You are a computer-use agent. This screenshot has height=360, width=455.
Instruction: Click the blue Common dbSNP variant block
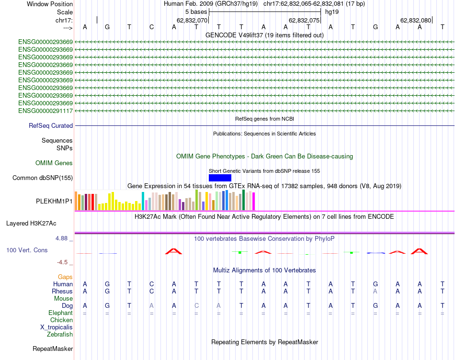[x=220, y=178]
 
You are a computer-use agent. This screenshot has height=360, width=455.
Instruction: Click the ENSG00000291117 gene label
[x=45, y=111]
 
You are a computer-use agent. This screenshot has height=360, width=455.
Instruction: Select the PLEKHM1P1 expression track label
[x=55, y=202]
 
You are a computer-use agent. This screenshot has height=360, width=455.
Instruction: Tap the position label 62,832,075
[x=304, y=21]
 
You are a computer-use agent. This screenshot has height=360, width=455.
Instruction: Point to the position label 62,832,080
[x=416, y=21]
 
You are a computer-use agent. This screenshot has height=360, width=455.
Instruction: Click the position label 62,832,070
[x=192, y=21]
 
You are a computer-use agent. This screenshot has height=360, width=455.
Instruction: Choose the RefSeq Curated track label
[x=51, y=126]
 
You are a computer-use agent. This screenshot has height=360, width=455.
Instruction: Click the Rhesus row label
[x=62, y=292]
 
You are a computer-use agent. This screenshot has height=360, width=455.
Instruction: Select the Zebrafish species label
[x=60, y=335]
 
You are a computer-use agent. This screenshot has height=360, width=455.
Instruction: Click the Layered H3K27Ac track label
[x=31, y=224]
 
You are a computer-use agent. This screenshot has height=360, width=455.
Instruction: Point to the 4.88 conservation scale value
[x=63, y=238]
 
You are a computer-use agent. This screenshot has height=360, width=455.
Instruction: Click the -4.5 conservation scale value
[x=64, y=262]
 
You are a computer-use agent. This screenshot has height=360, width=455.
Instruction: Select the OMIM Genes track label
[x=54, y=163]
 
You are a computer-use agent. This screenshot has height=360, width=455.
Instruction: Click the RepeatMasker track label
[x=53, y=349]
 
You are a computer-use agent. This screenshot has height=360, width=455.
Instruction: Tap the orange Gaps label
[x=65, y=277]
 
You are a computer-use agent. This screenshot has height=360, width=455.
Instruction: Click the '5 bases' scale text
[x=196, y=11]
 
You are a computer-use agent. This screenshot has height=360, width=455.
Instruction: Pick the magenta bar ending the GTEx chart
[x=254, y=201]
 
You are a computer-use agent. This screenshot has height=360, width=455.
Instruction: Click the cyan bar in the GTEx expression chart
[x=143, y=201]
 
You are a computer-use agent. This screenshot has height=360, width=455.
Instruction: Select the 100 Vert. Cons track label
[x=27, y=250]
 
